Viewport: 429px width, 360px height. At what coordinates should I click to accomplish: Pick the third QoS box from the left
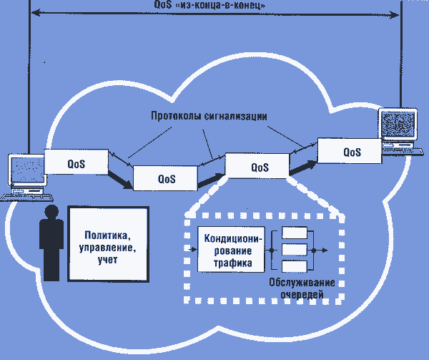[259, 167]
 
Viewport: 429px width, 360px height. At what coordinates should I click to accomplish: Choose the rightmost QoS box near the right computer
[351, 152]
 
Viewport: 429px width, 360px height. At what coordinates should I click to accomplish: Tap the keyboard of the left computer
[21, 195]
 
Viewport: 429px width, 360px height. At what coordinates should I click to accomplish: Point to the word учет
[108, 261]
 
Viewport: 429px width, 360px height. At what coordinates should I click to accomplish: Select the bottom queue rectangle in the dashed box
[294, 267]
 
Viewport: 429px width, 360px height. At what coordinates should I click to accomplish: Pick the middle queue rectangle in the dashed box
[294, 250]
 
